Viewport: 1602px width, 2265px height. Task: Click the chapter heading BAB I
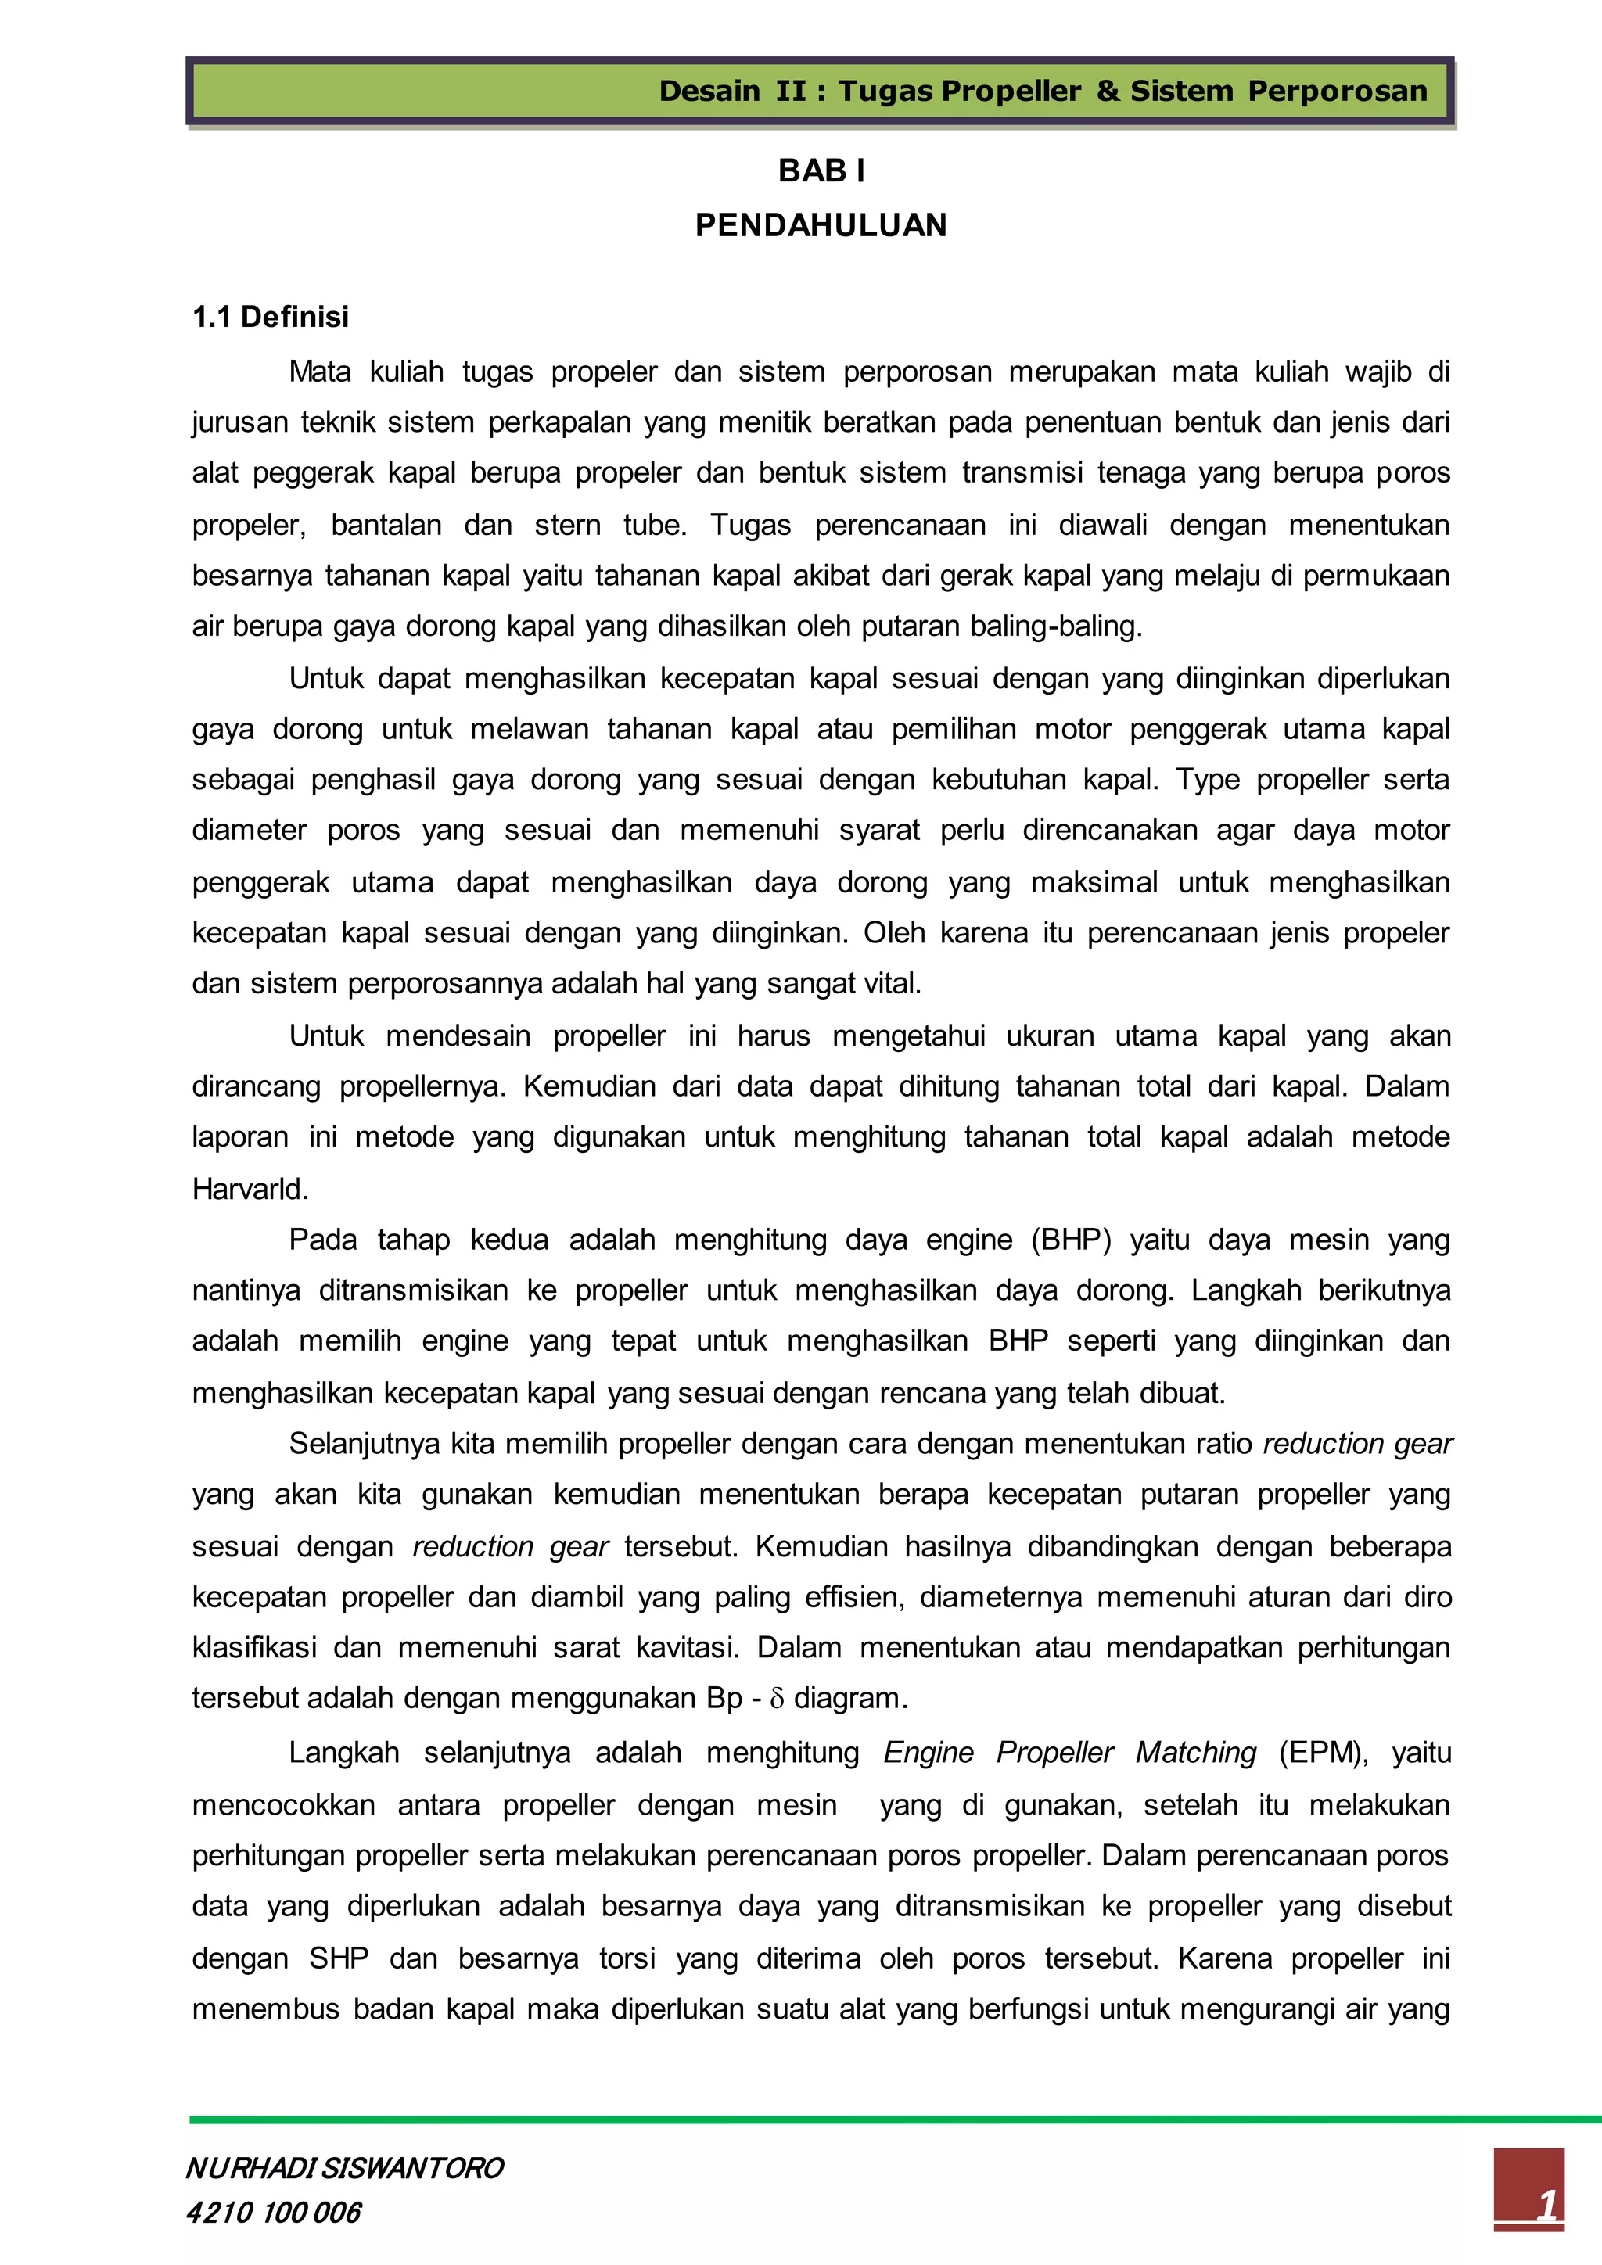(821, 171)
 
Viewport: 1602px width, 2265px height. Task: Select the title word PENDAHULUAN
(821, 225)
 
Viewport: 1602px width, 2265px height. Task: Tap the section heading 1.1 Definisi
(271, 317)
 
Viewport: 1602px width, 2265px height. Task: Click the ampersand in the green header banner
(1107, 91)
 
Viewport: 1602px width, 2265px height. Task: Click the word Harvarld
(250, 1189)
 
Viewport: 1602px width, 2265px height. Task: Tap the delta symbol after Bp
(776, 1699)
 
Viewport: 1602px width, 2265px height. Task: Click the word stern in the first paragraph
(567, 525)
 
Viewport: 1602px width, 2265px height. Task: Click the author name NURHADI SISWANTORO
(345, 2167)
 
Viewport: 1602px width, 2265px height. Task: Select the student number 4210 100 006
(275, 2212)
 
